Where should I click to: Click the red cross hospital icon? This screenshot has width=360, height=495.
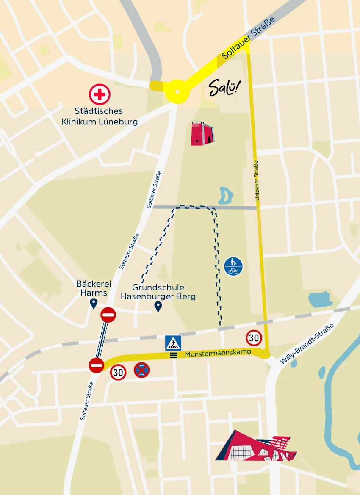100,94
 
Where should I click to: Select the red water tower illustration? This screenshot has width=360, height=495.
202,133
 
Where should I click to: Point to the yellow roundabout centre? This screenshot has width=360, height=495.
177,91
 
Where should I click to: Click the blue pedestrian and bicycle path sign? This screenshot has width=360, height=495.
233,266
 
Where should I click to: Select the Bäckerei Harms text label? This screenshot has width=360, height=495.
91,288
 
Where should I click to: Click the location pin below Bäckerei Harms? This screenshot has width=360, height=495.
94,303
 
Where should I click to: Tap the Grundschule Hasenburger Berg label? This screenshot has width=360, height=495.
158,292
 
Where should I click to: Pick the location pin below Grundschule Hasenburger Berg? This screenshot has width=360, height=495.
158,306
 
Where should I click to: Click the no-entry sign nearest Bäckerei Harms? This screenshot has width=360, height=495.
108,315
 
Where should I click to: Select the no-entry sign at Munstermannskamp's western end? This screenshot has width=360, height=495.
97,365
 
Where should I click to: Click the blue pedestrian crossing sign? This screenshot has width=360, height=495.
173,343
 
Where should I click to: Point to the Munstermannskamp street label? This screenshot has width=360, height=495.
218,353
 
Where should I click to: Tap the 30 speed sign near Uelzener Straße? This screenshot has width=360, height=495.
254,337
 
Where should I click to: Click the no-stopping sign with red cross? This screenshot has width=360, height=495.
141,370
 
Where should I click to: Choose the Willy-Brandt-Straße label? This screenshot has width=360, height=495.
307,344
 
